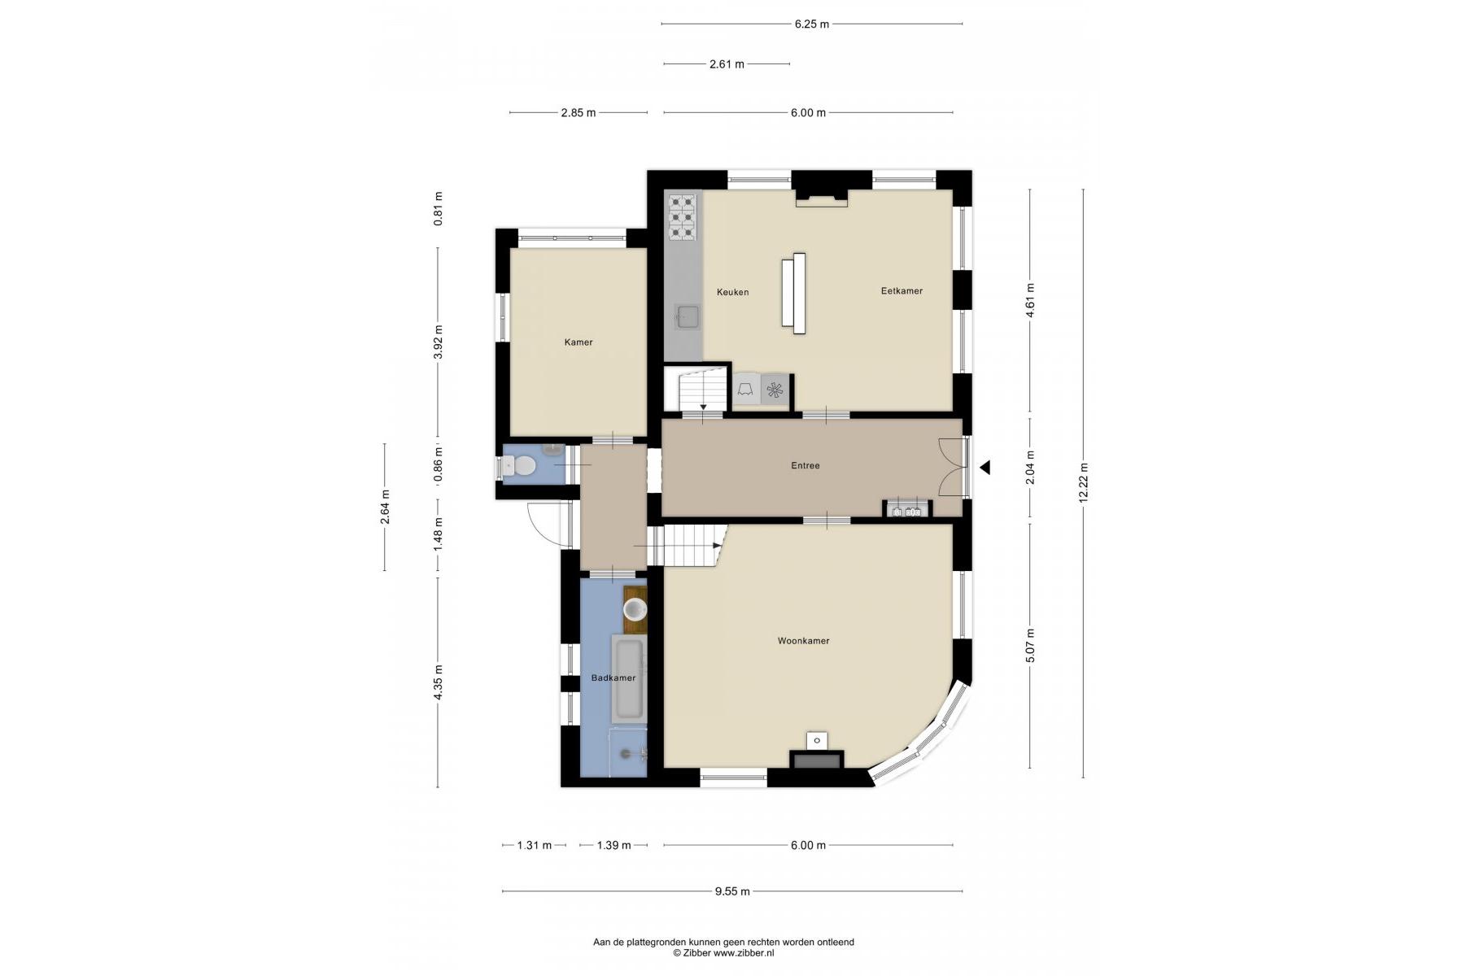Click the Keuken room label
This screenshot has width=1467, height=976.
[x=732, y=292]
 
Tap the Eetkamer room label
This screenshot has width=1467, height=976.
[x=902, y=291]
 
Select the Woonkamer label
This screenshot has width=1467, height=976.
[x=803, y=641]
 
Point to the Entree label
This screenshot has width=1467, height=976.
[x=806, y=466]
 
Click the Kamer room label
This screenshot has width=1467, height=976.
[x=579, y=342]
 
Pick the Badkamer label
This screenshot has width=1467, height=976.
[x=613, y=678]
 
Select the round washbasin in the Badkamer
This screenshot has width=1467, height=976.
[x=635, y=608]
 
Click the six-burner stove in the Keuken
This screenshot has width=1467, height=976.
[x=683, y=216]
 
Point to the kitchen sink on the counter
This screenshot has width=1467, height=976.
[x=688, y=316]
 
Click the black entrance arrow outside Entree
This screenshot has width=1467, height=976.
[x=985, y=468]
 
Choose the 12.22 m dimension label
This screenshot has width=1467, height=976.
[x=1084, y=483]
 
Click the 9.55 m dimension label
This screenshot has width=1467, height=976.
[x=732, y=891]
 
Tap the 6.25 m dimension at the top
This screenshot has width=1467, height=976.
[x=812, y=24]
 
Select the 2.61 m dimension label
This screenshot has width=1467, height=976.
[x=727, y=64]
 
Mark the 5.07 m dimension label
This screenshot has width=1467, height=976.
[x=1031, y=646]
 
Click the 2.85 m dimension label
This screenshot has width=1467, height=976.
[x=578, y=113]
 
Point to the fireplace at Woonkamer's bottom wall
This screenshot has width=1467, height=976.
[x=816, y=760]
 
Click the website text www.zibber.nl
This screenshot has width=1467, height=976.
[x=744, y=953]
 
